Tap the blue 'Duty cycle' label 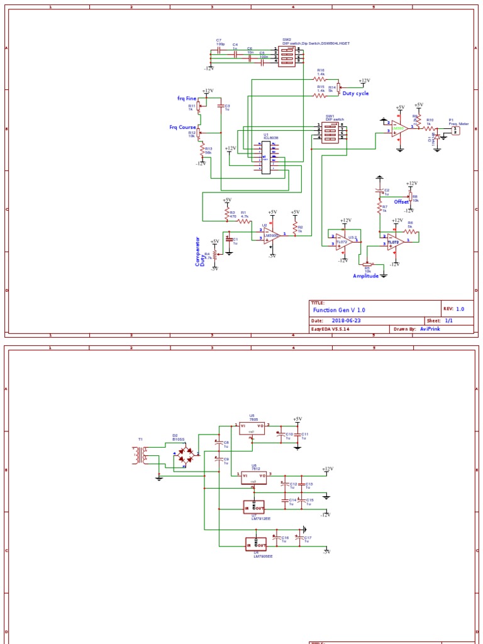[x=355, y=93]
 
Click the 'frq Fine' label [x=187, y=99]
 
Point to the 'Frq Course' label [x=182, y=127]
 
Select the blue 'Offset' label [x=401, y=202]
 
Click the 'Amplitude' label [x=367, y=276]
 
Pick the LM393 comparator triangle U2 [x=272, y=235]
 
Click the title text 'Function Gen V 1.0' [x=338, y=310]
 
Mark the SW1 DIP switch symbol [x=331, y=132]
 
